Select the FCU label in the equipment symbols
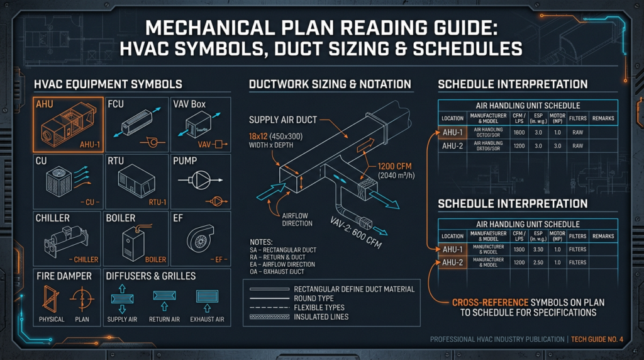[x=116, y=104]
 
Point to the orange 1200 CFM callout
[x=394, y=166]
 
